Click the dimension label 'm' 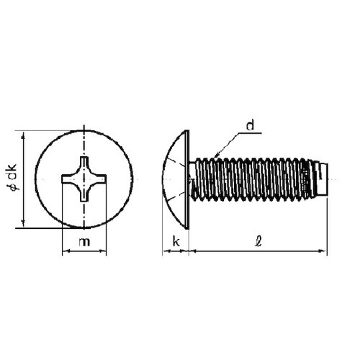click(x=84, y=242)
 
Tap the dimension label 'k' click(x=176, y=242)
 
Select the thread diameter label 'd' click(x=250, y=125)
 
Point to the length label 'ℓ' click(x=258, y=241)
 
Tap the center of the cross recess click(x=84, y=179)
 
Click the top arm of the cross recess click(x=84, y=163)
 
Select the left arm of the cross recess click(x=68, y=179)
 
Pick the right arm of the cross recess click(x=99, y=179)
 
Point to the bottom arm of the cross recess click(x=84, y=194)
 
